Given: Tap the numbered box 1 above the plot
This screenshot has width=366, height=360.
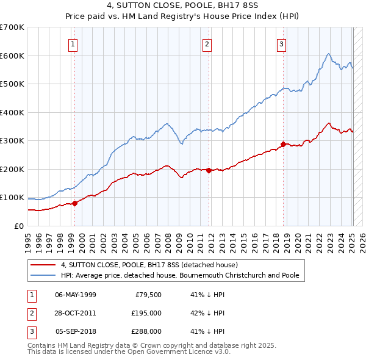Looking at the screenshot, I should point(73,43).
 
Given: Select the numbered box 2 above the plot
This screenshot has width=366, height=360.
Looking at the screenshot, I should point(207,43).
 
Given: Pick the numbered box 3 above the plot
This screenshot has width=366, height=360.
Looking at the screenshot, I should point(281,43).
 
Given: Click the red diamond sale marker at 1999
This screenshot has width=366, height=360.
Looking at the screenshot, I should point(75,203).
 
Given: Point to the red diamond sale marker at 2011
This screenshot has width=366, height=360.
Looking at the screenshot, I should point(209,171).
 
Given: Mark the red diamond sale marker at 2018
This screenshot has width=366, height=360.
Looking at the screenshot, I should point(283,145).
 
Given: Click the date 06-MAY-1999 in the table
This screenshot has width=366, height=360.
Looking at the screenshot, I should point(76,295).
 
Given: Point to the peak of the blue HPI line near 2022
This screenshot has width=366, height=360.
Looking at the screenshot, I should point(328,54).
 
